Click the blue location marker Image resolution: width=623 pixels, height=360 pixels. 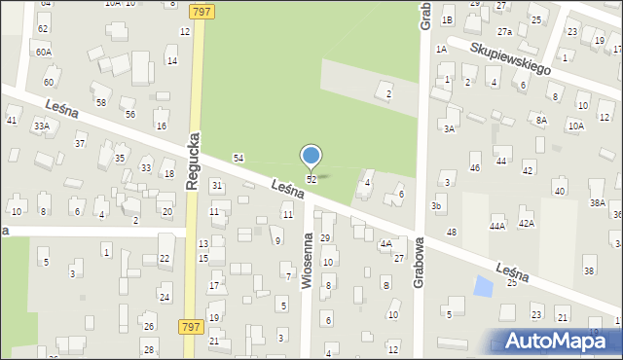tap(311, 157)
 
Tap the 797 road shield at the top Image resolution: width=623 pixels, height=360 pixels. tap(202, 10)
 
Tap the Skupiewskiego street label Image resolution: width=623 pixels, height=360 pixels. tap(509, 58)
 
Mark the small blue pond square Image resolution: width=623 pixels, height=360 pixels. tap(482, 286)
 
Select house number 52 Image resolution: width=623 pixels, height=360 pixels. tap(311, 180)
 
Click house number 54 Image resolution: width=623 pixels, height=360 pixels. tap(238, 158)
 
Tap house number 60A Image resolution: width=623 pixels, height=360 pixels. tap(43, 52)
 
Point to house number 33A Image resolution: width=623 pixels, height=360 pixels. tap(41, 126)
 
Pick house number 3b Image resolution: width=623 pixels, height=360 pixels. tap(438, 206)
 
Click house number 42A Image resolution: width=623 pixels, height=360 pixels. tap(526, 224)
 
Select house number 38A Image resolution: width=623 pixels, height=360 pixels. tap(597, 203)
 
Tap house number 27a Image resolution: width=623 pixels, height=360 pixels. tap(504, 31)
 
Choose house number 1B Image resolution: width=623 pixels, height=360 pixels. tap(447, 20)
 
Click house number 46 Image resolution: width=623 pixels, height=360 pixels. tap(475, 168)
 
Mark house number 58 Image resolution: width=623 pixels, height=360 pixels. tap(100, 102)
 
